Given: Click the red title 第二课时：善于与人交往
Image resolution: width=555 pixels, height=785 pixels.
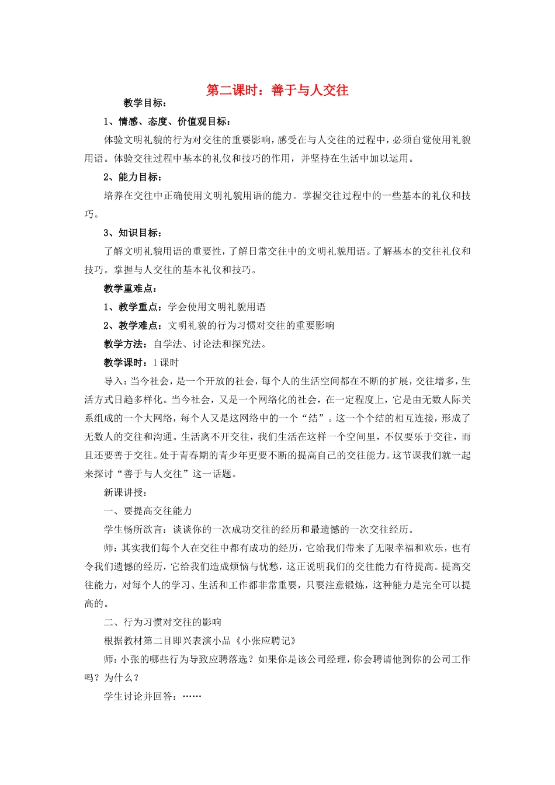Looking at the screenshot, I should click(277, 91).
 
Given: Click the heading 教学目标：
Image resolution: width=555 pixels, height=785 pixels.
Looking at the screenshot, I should click(145, 103).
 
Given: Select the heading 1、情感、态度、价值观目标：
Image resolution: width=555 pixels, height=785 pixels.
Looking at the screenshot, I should click(167, 121).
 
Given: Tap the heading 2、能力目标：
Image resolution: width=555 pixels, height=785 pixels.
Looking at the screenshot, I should click(133, 177).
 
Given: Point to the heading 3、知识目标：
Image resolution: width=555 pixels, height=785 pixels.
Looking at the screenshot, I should click(133, 233).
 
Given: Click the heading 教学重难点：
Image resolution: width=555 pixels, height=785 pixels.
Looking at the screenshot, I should click(130, 289).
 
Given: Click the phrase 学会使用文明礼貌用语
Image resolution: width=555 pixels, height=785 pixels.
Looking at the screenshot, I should click(217, 307).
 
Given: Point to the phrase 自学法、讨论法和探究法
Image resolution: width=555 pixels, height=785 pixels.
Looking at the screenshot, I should click(207, 344).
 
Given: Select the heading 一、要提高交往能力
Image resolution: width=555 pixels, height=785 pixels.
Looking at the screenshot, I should click(148, 511).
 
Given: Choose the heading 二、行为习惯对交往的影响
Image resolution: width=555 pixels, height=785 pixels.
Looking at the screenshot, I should click(162, 622).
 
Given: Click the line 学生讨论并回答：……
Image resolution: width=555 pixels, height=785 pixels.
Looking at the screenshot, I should click(152, 696).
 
